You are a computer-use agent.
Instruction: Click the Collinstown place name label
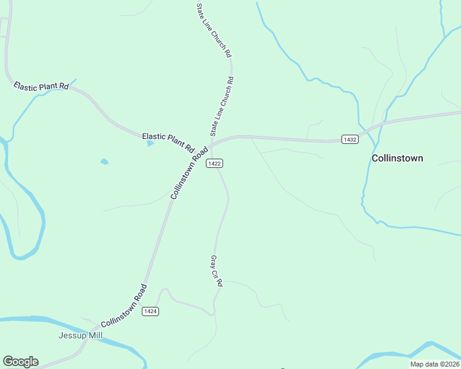(x=398, y=158)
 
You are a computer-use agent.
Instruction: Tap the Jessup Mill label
(x=80, y=335)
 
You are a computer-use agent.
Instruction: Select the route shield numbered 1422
(x=214, y=163)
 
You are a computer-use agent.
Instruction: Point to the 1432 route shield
(x=350, y=140)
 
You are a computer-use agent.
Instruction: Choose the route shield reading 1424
(x=150, y=311)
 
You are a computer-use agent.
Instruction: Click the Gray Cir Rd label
(x=216, y=271)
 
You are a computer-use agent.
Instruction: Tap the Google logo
(x=20, y=362)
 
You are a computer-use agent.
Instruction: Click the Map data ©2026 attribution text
(x=435, y=364)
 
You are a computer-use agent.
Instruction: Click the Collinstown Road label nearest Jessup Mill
(x=124, y=306)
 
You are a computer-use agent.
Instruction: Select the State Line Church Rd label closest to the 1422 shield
(x=222, y=106)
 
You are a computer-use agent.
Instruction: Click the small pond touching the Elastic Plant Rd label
(x=150, y=143)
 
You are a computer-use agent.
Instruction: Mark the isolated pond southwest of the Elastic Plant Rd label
(x=104, y=162)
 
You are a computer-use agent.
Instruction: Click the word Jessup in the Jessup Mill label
(x=71, y=335)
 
